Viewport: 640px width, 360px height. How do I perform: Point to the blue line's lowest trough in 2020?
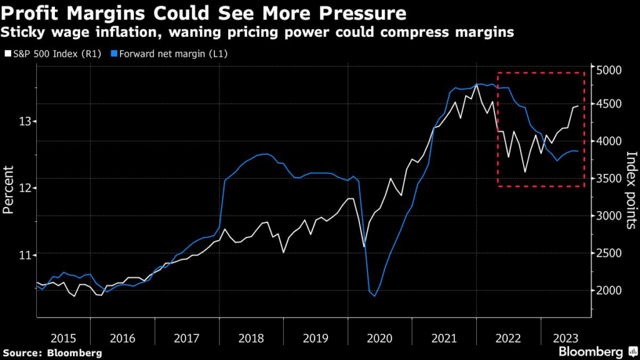[375, 296]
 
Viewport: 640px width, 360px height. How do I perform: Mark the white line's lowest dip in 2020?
[364, 246]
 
